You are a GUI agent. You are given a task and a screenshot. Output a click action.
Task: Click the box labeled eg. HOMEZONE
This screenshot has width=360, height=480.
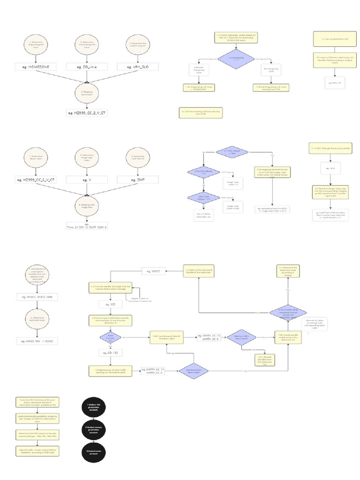(36, 67)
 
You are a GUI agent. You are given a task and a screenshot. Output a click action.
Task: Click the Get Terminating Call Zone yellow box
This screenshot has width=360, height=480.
(201, 113)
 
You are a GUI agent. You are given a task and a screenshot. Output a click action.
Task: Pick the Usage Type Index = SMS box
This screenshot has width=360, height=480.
(233, 207)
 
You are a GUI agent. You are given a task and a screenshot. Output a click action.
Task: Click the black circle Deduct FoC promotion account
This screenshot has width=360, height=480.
(93, 406)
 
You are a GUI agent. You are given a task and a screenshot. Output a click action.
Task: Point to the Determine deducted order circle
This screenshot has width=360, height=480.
(36, 320)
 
